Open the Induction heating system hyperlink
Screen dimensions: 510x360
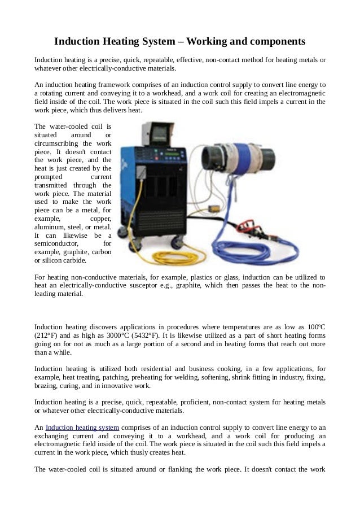[x=78, y=427]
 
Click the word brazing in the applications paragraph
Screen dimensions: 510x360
[x=46, y=386]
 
